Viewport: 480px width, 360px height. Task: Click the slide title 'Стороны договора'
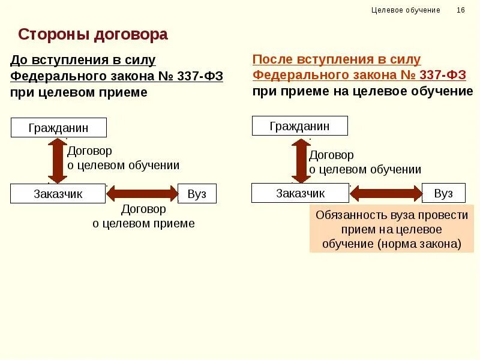pos(93,35)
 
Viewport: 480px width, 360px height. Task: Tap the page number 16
pos(461,10)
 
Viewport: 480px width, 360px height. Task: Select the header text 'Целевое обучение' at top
pos(406,10)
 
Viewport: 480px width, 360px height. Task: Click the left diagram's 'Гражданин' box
pos(58,128)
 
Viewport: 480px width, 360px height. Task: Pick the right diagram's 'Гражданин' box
pos(299,126)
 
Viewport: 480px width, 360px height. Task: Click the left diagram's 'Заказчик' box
pos(58,194)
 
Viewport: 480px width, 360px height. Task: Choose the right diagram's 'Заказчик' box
pos(300,193)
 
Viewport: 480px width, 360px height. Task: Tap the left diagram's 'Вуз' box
pos(197,194)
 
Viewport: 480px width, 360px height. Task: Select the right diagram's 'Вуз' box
pos(443,193)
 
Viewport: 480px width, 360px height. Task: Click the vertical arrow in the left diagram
pos(58,160)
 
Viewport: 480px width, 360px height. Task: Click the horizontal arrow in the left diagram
pos(143,194)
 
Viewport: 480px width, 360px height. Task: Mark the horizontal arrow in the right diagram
pos(386,193)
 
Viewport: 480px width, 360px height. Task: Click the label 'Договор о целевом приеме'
pos(143,217)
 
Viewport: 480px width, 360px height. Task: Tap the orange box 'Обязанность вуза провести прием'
pos(391,229)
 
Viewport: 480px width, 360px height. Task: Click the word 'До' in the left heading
pos(19,61)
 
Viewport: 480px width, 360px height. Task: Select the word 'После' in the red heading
pos(271,60)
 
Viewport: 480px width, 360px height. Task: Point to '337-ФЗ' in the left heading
pos(199,76)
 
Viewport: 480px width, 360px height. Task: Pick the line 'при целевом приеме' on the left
pos(78,92)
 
